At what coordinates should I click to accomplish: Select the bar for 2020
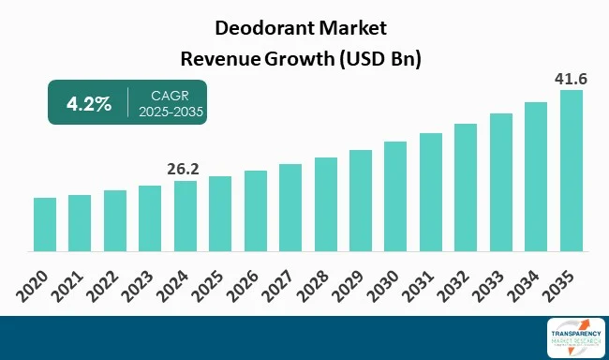(x=45, y=225)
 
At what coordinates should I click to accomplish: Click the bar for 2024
(x=186, y=217)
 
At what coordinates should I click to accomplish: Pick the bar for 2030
(x=395, y=197)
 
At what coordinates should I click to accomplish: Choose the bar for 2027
(x=290, y=208)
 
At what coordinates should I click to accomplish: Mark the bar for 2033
(x=501, y=183)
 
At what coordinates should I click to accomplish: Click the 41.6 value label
(x=571, y=80)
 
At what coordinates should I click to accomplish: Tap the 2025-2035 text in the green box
(x=170, y=112)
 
